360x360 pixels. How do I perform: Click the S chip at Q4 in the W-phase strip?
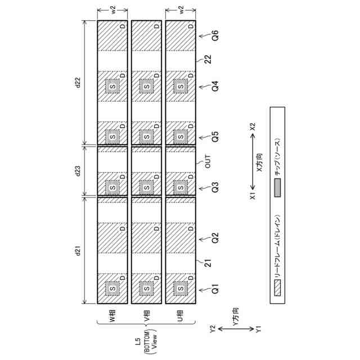(x=112, y=86)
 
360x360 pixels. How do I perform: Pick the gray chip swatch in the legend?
(x=277, y=191)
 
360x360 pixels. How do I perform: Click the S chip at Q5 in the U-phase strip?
(x=181, y=137)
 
